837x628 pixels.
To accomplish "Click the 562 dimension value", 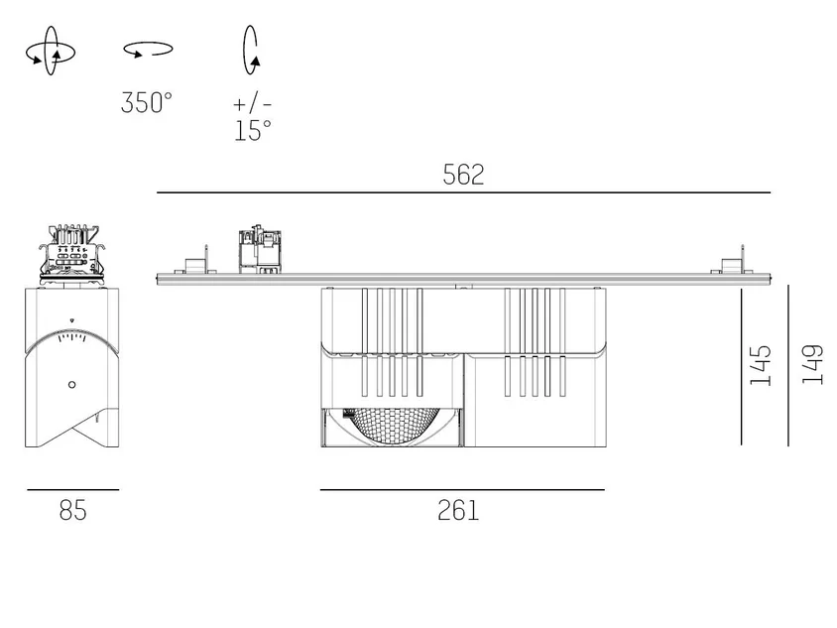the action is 463,175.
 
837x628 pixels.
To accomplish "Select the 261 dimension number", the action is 458,510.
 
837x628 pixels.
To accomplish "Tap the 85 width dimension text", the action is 72,510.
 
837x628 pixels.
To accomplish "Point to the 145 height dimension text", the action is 761,365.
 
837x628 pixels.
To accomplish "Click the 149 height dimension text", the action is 812,364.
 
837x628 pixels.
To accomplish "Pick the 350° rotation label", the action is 146,102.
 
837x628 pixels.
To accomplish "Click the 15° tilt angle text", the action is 253,131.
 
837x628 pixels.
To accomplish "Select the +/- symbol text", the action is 253,103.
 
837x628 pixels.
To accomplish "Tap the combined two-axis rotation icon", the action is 51,51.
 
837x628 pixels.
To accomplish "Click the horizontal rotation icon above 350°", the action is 148,50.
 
